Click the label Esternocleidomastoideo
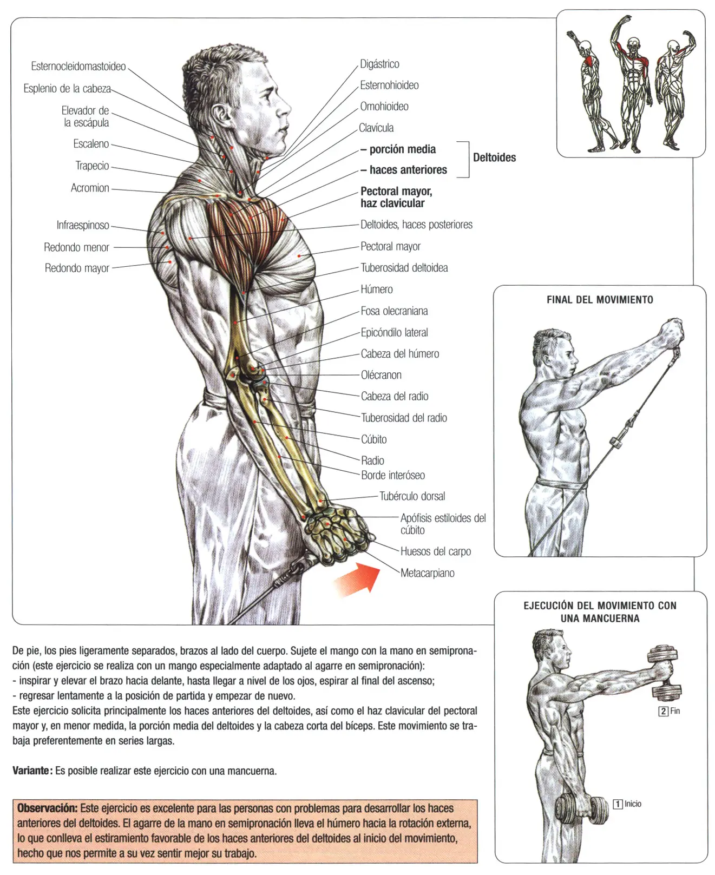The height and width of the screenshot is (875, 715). tap(78, 67)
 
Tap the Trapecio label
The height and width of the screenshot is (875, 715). tap(92, 166)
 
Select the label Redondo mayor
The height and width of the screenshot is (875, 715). tap(77, 268)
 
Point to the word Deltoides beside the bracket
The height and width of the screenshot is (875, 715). tap(494, 158)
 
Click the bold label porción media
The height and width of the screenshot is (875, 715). tap(402, 149)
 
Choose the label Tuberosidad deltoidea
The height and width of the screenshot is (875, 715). tap(404, 268)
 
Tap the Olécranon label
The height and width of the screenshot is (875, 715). tap(381, 375)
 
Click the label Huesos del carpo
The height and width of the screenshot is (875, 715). tap(435, 551)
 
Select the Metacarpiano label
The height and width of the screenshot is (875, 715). tap(427, 573)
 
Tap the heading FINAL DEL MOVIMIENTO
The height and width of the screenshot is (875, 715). tap(600, 300)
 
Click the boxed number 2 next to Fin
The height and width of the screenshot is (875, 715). tap(663, 712)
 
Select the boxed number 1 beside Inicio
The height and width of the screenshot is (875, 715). tap(618, 804)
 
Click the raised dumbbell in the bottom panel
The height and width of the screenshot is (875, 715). tap(665, 671)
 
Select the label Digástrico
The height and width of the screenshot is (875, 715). tap(379, 64)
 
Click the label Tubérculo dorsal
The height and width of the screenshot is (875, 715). tap(412, 496)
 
